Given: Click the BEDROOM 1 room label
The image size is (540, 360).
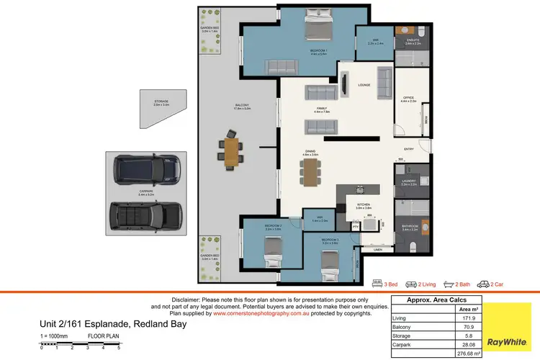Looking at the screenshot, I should coord(319,50).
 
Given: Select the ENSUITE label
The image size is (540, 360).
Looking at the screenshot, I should coord(413,42).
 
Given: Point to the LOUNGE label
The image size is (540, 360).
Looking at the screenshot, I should coord(364,85).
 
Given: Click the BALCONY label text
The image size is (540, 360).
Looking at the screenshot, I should coord(242,107).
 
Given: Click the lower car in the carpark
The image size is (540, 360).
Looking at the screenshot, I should coord(144,215).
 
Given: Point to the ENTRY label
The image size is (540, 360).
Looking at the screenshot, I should coord(409,149).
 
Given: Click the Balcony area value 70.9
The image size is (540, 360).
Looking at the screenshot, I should coord(475,326).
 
